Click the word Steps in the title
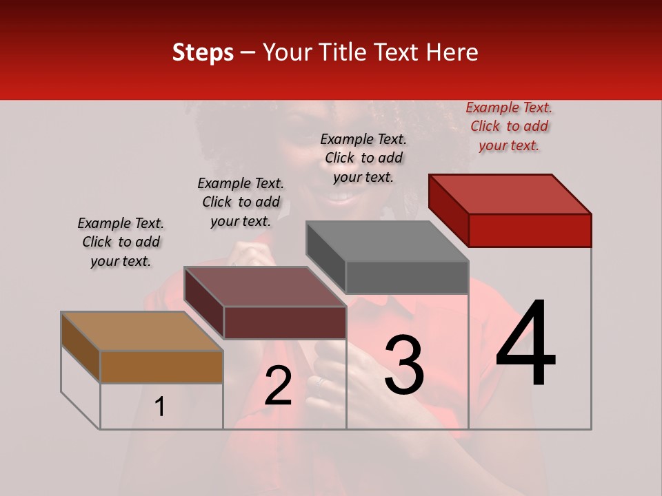203,52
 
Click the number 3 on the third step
404,365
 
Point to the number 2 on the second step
278,386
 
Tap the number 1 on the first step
160,406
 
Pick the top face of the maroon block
265,287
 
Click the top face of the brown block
142,331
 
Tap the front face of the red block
530,230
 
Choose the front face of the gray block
407,278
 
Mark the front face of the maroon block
285,322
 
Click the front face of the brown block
161,366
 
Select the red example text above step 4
509,126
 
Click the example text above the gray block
363,158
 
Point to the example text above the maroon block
241,202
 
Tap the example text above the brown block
121,242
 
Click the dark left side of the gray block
325,256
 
